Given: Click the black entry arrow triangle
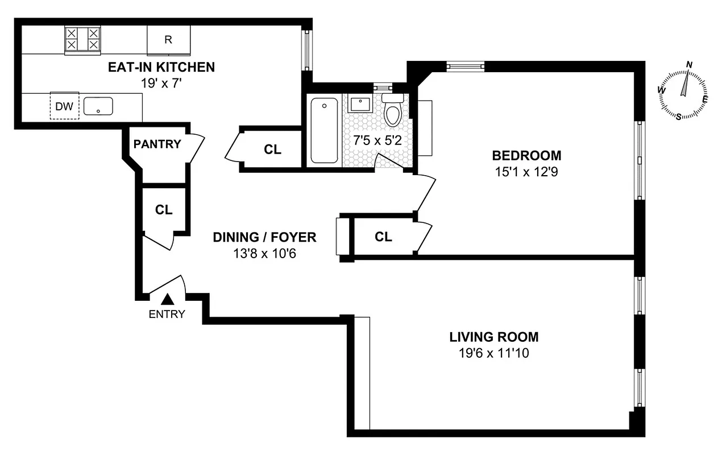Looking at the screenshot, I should pyautogui.click(x=167, y=299).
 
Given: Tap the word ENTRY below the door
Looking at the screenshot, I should pyautogui.click(x=167, y=314).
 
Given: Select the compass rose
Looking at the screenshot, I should pyautogui.click(x=684, y=92).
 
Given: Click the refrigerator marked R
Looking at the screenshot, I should pyautogui.click(x=168, y=40).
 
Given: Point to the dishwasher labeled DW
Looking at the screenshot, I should pyautogui.click(x=64, y=106).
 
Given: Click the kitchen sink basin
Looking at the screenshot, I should pyautogui.click(x=98, y=106).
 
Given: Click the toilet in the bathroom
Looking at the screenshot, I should pyautogui.click(x=393, y=111).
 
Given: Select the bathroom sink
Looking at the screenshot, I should pyautogui.click(x=359, y=105).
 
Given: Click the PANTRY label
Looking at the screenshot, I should pyautogui.click(x=157, y=144).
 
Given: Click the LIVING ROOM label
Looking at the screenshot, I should pyautogui.click(x=493, y=337).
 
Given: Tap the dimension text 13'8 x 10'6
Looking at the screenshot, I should pyautogui.click(x=264, y=253).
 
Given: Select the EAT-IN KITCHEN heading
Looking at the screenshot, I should pyautogui.click(x=161, y=68).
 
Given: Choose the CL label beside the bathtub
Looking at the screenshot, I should pyautogui.click(x=272, y=150).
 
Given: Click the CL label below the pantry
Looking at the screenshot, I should pyautogui.click(x=164, y=209).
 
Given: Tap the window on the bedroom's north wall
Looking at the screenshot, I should pyautogui.click(x=466, y=66).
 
